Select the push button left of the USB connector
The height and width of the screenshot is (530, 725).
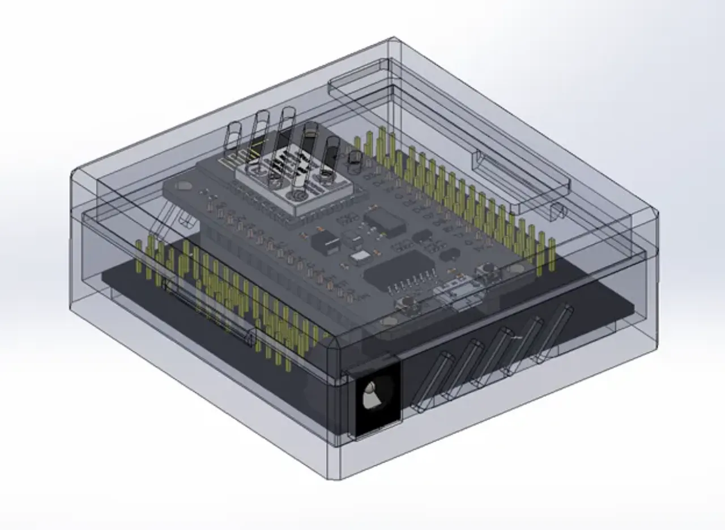tap(407, 306)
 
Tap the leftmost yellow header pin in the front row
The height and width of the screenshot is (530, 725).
tap(139, 252)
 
